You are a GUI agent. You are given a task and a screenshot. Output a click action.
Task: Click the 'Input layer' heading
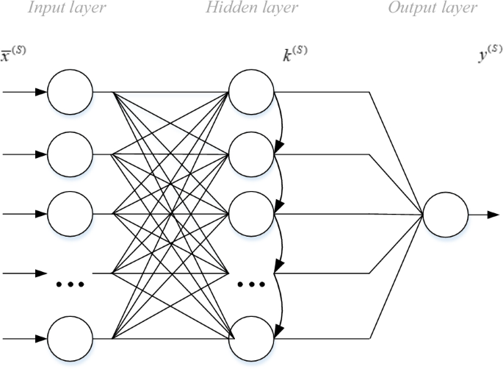(65, 9)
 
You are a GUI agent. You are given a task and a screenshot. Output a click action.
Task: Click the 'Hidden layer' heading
(252, 9)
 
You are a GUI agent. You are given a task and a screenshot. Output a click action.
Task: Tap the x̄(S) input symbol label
(13, 54)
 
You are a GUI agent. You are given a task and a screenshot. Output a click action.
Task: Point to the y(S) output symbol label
(490, 54)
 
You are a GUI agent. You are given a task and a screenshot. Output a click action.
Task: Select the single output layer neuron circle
(445, 215)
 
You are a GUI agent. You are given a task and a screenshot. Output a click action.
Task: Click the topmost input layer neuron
(70, 93)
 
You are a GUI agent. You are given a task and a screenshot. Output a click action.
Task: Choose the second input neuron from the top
(70, 154)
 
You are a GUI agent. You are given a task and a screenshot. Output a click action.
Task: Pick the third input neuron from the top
(70, 214)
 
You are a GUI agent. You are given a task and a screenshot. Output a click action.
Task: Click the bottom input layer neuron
(70, 339)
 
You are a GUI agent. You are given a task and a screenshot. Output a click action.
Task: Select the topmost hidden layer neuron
(251, 93)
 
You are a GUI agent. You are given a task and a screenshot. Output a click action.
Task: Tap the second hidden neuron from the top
(251, 154)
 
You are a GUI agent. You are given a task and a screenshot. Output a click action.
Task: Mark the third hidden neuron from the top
(251, 214)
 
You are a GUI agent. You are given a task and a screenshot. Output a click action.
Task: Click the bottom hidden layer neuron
(251, 339)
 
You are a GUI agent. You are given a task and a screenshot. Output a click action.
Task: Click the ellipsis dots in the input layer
(70, 283)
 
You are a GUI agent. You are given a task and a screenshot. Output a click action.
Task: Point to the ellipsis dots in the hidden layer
(251, 283)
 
